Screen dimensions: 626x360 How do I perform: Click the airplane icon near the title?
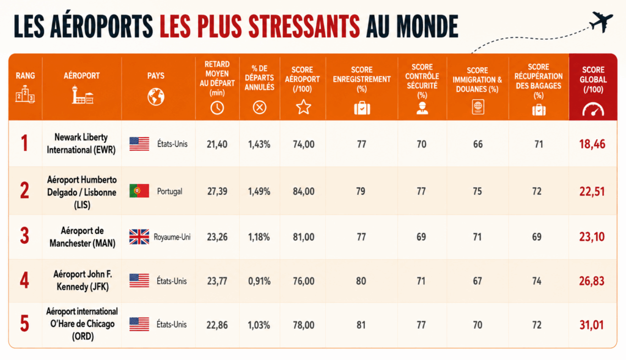(x=602, y=21)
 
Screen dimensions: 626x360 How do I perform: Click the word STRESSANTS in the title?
(x=304, y=27)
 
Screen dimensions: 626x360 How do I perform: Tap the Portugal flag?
(x=139, y=191)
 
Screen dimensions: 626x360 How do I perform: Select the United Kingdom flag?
(x=139, y=237)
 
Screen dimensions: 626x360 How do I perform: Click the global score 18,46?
(x=592, y=144)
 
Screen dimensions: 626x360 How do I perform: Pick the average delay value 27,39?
(x=217, y=191)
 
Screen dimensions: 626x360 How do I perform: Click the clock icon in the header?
(x=217, y=108)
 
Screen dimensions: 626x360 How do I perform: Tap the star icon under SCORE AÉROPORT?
(x=303, y=107)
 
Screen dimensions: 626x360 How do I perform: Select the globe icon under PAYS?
(x=156, y=97)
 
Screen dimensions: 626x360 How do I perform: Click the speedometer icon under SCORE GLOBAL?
(x=593, y=109)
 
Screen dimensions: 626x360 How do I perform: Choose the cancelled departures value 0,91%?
(x=259, y=281)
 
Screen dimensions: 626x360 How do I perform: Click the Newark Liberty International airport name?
(x=81, y=144)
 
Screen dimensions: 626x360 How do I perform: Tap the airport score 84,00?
(x=303, y=191)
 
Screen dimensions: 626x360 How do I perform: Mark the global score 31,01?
(x=592, y=325)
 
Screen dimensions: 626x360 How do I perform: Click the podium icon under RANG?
(x=25, y=94)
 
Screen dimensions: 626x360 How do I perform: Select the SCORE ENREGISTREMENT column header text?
(x=362, y=79)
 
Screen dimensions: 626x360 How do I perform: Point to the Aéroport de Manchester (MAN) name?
(x=83, y=237)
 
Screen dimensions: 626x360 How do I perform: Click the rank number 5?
(x=24, y=324)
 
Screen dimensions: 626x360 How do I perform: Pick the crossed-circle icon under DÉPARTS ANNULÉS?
(x=259, y=108)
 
